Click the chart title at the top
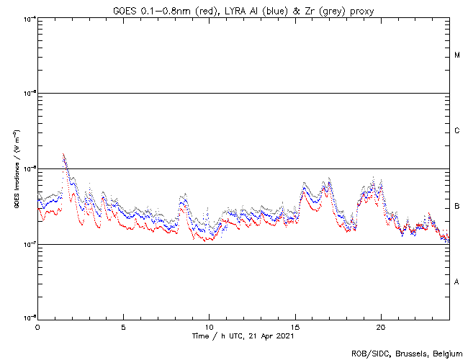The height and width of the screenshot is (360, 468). [243, 10]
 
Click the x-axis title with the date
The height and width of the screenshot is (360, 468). [243, 336]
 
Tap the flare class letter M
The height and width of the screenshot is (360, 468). [457, 55]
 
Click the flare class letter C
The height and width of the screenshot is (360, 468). [457, 131]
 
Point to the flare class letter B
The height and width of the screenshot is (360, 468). [457, 207]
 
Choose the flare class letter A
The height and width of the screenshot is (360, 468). [457, 282]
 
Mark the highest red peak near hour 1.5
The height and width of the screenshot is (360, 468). [63, 154]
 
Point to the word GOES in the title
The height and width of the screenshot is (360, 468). [124, 10]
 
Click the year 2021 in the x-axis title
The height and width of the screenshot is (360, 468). [285, 336]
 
